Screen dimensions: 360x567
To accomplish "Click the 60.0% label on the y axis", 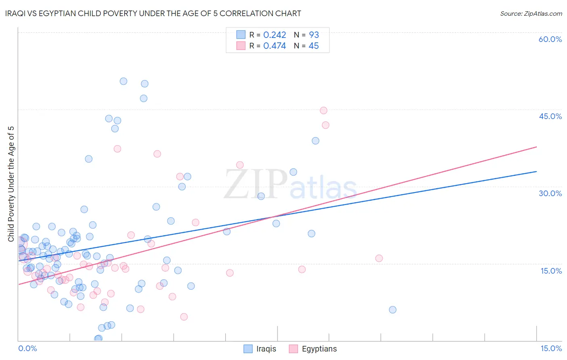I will [550, 39].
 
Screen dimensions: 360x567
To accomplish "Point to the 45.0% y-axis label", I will [550, 116].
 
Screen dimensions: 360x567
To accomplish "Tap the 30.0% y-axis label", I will [550, 193].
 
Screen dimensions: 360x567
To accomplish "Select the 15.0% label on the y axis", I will [551, 271].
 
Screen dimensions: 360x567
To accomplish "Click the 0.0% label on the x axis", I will [27, 348].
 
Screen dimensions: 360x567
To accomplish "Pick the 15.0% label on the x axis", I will [551, 348].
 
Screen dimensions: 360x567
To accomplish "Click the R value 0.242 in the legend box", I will [275, 35].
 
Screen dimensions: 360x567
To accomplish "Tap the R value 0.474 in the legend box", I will [275, 46].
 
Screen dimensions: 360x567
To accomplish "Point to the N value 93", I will [314, 35].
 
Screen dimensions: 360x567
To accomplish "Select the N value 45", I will [314, 46].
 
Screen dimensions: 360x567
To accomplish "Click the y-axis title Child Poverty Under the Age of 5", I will [11, 184].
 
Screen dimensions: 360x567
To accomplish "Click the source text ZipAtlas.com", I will [531, 14].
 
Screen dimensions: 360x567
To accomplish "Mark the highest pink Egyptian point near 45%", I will [323, 111].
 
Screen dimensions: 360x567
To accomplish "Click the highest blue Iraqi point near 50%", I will [123, 81].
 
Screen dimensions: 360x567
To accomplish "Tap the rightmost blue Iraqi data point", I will [392, 310].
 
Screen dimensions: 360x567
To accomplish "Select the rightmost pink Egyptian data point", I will [379, 258].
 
